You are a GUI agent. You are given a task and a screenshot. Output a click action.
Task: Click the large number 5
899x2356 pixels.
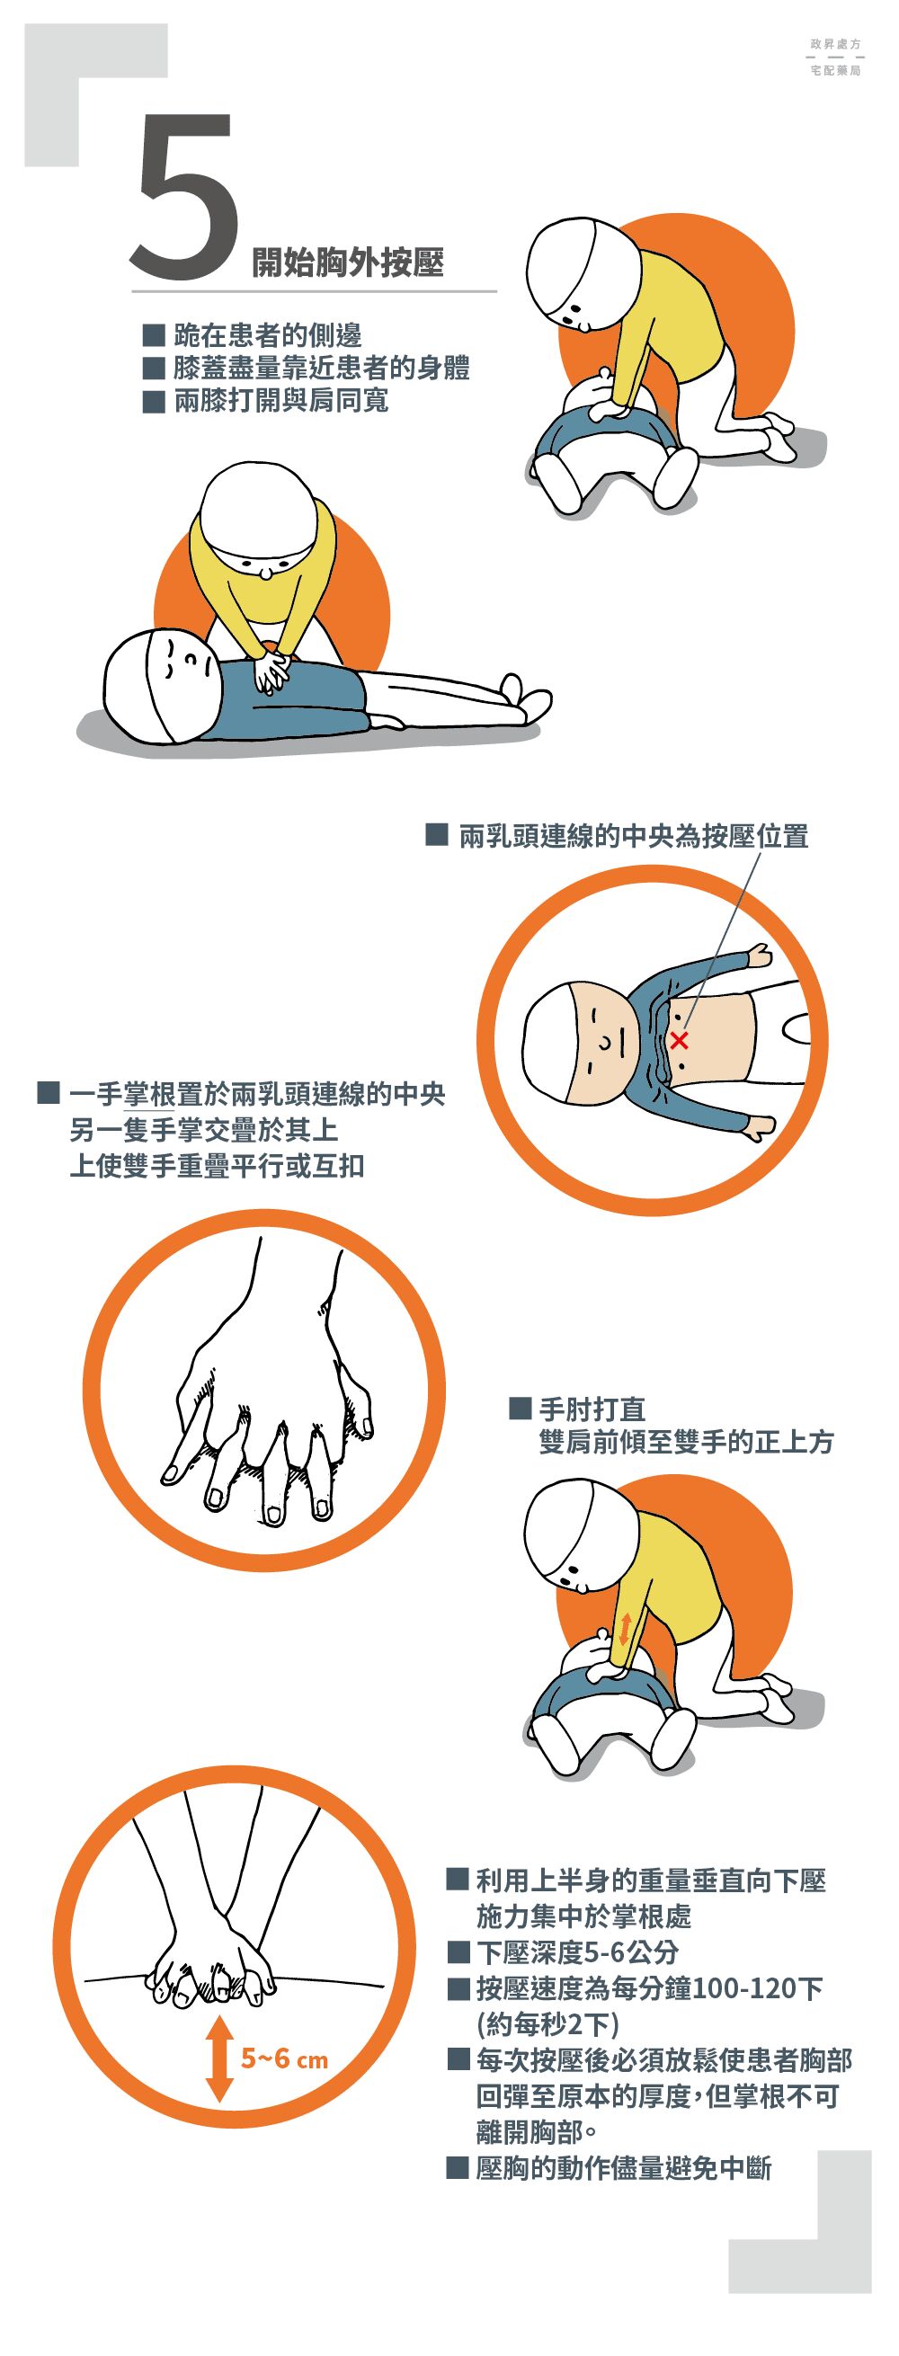(187, 197)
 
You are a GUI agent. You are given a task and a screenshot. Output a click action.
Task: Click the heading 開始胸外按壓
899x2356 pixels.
(349, 262)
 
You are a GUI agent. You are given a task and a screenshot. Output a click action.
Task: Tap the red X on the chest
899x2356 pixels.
(679, 1040)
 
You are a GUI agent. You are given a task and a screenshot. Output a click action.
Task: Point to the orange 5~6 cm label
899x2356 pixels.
(284, 2058)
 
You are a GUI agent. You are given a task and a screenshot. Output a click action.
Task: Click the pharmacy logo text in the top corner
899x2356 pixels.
(836, 57)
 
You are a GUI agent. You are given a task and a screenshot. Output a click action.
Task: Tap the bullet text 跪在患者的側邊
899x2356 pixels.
(268, 335)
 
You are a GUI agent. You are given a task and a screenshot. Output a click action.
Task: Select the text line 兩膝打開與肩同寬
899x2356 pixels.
(281, 401)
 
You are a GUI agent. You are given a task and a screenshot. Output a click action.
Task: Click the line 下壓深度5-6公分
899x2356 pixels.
(577, 1951)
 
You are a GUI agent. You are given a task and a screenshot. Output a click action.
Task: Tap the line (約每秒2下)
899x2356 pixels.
(547, 2023)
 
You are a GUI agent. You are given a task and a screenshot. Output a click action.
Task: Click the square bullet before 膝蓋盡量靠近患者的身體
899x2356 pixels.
(154, 368)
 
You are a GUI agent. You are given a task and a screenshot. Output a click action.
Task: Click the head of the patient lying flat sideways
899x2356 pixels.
(161, 684)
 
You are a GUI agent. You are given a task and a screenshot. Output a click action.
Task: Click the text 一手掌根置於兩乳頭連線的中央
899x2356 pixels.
(258, 1093)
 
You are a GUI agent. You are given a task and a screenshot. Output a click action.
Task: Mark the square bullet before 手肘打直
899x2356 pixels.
(521, 1408)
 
